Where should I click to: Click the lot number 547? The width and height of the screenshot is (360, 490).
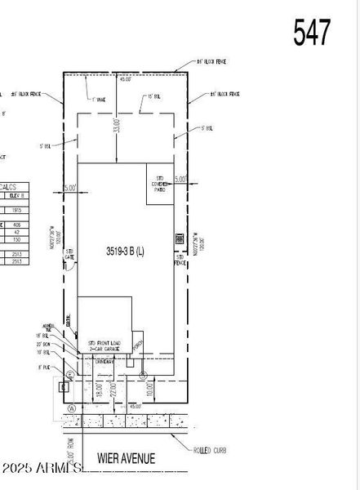[x=312, y=32]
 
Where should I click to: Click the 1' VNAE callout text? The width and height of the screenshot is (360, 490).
[x=100, y=99]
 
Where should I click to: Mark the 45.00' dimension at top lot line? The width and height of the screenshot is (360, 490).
[x=125, y=80]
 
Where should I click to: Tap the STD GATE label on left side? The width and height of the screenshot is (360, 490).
[x=69, y=255]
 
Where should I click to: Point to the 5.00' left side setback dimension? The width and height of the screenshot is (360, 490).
[x=69, y=188]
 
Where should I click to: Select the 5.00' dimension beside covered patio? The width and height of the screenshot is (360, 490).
[x=180, y=178]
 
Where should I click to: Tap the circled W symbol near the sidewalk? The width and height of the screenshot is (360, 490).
[x=72, y=408]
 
